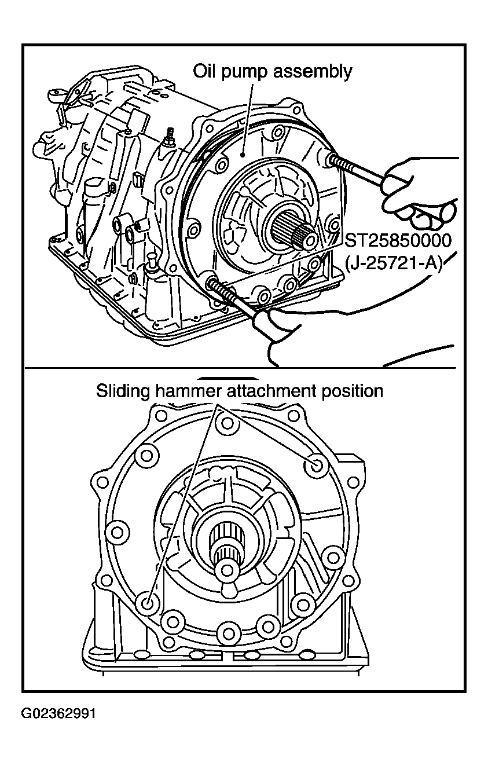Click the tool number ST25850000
click(398, 240)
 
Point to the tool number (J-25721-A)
click(394, 263)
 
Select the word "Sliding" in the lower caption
click(123, 392)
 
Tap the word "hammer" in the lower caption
click(188, 391)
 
